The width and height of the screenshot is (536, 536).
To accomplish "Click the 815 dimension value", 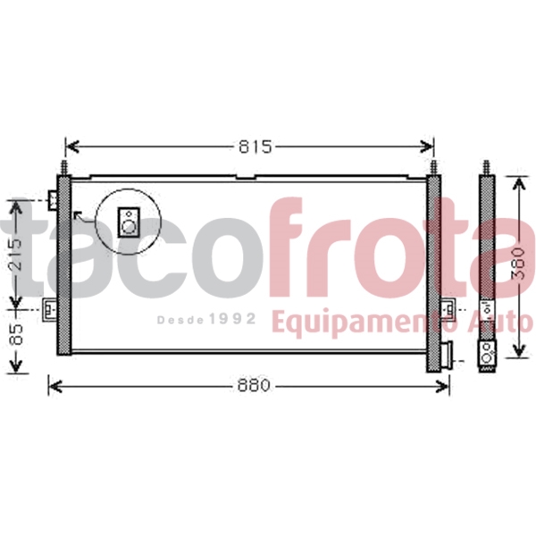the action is (x=255, y=147).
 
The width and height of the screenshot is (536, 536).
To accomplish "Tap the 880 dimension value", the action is (x=254, y=386).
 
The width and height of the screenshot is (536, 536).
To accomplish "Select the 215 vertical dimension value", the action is (x=16, y=255).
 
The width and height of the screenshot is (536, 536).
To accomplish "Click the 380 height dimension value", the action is (x=517, y=264).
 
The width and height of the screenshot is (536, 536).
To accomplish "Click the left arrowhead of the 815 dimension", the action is (x=71, y=147).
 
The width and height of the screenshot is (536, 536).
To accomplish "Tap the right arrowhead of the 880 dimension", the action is (x=442, y=386).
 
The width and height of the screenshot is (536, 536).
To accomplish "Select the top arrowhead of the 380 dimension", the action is (x=519, y=183).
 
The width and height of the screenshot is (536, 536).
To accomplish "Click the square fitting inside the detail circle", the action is (x=129, y=222).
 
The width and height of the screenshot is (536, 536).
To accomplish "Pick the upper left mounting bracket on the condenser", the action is (x=53, y=200).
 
